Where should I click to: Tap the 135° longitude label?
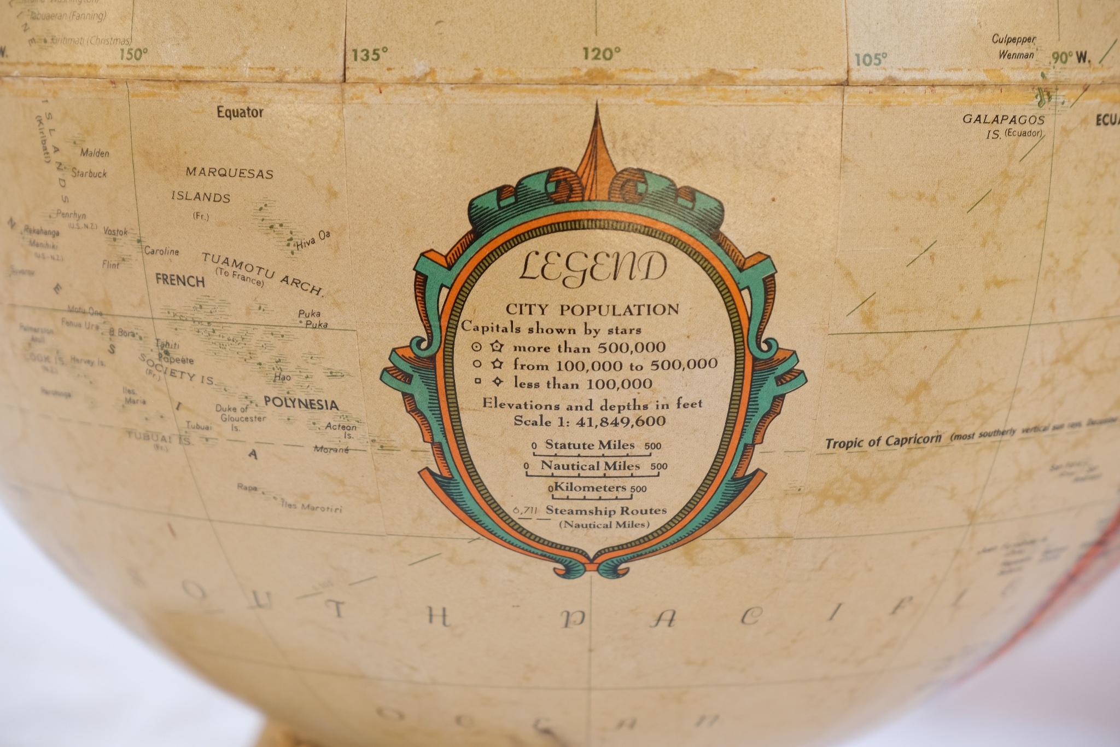[370, 55]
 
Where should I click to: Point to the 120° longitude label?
[602, 54]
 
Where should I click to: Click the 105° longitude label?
[871, 59]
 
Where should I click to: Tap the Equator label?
[240, 112]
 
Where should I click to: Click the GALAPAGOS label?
[1004, 120]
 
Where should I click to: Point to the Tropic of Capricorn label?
[883, 441]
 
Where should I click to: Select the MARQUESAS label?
[229, 173]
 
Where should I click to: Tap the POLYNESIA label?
[301, 404]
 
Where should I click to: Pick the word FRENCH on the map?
[180, 281]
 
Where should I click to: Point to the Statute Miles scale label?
[590, 445]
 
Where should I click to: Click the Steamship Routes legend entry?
[606, 511]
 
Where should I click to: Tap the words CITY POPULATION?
[592, 310]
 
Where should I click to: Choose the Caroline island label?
[162, 252]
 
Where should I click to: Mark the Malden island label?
[95, 153]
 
